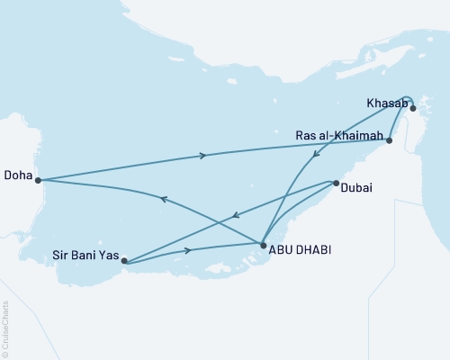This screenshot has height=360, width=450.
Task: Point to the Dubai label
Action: (357, 187)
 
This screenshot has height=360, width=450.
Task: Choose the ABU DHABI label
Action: (300, 248)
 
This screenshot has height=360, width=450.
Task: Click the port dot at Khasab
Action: (412, 108)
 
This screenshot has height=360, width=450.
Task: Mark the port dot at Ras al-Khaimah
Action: (389, 140)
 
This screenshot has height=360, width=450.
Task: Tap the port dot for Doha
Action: (38, 180)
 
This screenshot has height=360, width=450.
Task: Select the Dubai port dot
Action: (335, 183)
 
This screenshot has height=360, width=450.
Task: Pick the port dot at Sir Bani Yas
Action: (124, 262)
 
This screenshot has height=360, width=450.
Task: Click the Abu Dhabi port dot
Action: (262, 244)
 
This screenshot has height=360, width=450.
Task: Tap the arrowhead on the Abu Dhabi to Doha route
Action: (162, 200)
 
